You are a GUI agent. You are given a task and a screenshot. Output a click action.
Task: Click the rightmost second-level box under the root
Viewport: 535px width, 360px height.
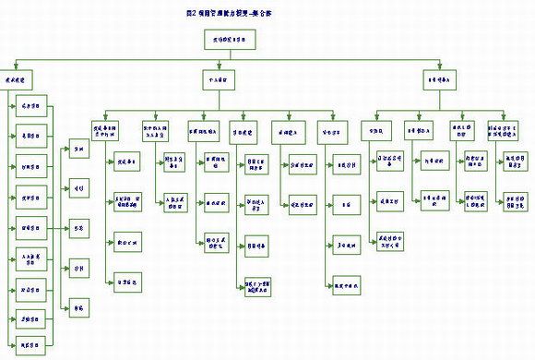[x=436, y=80]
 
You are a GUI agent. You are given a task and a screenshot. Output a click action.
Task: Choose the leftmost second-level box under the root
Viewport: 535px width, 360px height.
[x=18, y=80]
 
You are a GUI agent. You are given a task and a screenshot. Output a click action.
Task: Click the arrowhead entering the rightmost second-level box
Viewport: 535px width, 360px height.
[x=436, y=71]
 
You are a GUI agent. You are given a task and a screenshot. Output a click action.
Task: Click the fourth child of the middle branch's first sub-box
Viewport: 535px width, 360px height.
[x=127, y=281]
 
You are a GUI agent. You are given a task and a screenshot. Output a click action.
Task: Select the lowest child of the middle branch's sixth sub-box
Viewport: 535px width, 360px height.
[x=348, y=281]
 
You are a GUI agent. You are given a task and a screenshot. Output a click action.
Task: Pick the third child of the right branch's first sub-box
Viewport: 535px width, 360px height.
[x=394, y=242]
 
